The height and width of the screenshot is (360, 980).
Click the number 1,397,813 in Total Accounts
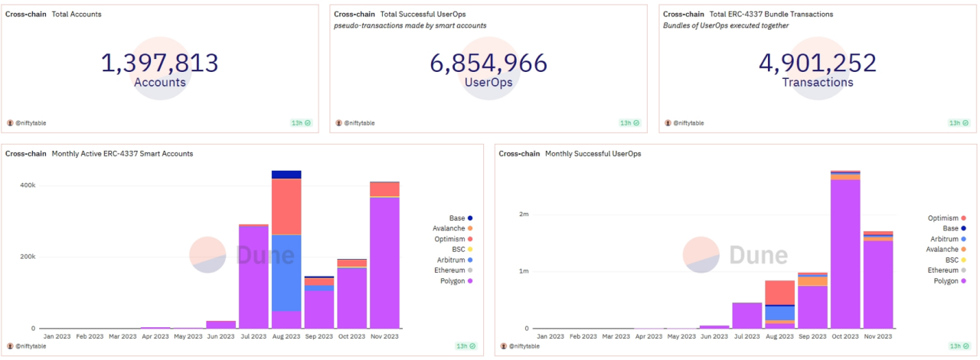click(160, 63)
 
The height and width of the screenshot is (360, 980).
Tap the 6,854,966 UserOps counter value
click(488, 63)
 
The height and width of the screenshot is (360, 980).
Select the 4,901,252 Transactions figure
click(817, 63)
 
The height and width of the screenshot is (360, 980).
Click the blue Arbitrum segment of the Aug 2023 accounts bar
click(286, 273)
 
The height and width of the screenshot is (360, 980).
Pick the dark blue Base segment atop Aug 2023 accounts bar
click(286, 175)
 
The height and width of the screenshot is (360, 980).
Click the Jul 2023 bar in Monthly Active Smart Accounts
click(253, 277)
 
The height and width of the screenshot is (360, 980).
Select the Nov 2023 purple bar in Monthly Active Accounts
click(384, 263)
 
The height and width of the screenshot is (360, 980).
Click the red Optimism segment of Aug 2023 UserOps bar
click(779, 293)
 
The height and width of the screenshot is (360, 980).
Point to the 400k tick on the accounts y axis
click(28, 185)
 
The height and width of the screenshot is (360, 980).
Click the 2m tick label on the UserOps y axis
click(524, 214)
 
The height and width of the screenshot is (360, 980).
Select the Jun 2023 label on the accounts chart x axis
click(220, 336)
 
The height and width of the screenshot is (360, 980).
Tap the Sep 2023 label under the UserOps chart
click(812, 336)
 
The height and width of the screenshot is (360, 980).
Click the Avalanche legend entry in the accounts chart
click(452, 228)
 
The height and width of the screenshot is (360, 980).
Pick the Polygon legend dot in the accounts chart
click(470, 281)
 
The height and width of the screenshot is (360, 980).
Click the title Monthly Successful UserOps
click(593, 154)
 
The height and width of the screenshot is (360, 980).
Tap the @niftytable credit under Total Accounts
click(31, 123)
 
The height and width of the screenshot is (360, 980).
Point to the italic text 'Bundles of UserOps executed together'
click(726, 25)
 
